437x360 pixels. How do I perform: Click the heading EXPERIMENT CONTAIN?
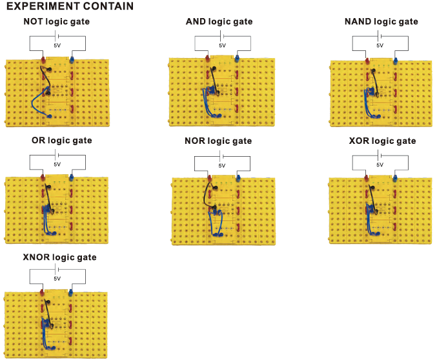tap(70, 6)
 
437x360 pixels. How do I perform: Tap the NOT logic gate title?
tap(57, 21)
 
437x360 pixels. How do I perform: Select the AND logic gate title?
tap(219, 21)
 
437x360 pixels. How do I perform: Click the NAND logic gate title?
tap(381, 21)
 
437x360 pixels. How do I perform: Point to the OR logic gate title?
tap(61, 140)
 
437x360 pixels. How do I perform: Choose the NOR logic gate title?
tap(218, 141)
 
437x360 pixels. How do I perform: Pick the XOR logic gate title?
tap(382, 141)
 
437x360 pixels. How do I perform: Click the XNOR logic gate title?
tap(59, 257)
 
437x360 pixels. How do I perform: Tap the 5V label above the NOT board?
tap(57, 45)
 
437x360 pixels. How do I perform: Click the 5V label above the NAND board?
tap(380, 45)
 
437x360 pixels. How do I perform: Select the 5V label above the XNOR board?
tap(57, 279)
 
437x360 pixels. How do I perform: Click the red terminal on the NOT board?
tap(43, 59)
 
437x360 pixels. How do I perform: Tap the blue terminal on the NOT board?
tap(72, 59)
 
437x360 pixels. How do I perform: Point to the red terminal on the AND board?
tap(208, 59)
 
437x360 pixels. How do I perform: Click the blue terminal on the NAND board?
tap(395, 61)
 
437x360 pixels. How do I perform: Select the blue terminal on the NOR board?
tap(238, 178)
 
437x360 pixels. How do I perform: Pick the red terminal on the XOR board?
tap(367, 178)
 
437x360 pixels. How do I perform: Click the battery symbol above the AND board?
tap(222, 36)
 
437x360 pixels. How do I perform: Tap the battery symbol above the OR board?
tap(57, 155)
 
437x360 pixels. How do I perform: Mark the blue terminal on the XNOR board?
tap(70, 293)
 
